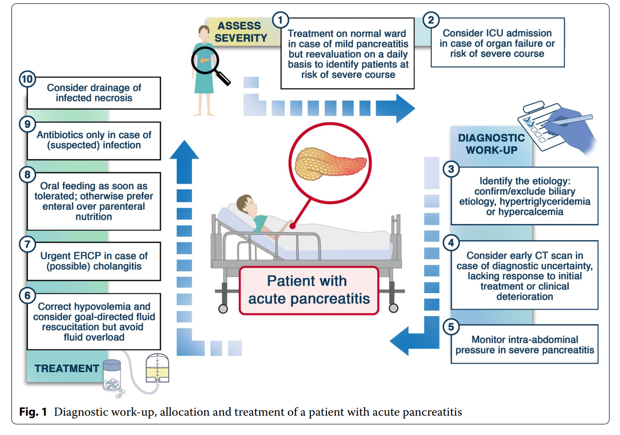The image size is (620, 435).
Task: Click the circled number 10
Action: point(27,79)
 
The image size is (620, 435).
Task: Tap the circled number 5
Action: point(451,327)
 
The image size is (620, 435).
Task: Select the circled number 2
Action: point(431,20)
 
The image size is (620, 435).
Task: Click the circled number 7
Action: point(27,245)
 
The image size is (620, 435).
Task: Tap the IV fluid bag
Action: point(157,368)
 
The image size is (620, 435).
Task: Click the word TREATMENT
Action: point(67,369)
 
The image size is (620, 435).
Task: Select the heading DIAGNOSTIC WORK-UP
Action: point(491,144)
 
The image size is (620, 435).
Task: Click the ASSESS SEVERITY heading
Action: point(240,32)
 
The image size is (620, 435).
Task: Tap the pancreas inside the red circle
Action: point(330,163)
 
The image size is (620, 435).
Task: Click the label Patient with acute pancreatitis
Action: point(309,290)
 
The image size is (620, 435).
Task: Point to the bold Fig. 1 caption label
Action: point(33,412)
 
